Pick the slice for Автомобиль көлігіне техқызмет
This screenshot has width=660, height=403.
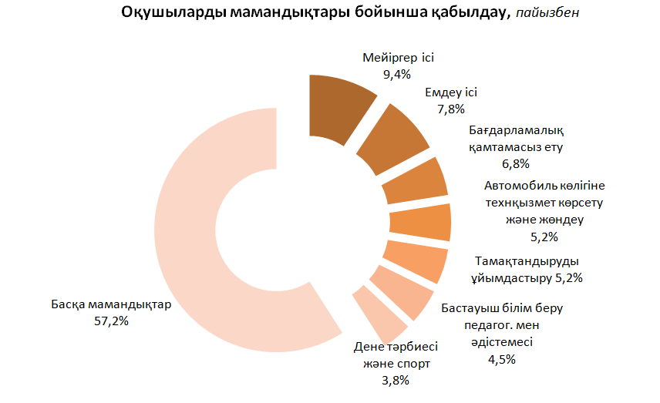[420, 223]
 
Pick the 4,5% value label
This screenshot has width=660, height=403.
[501, 358]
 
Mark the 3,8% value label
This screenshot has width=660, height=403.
[395, 380]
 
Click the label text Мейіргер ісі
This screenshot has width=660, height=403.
[398, 58]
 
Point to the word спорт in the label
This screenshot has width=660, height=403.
[412, 363]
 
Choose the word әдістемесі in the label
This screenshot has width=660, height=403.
[501, 341]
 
